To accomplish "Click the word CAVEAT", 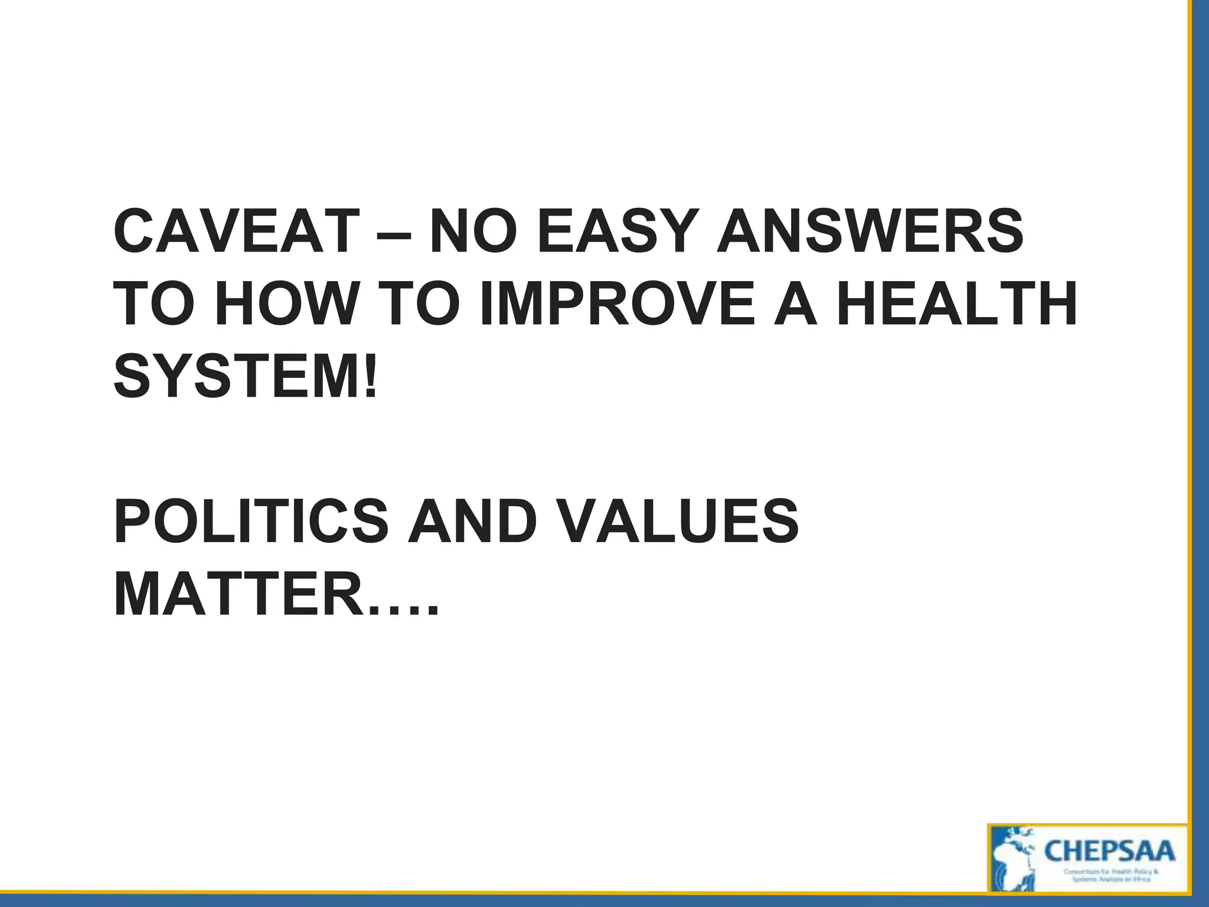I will pos(236,231).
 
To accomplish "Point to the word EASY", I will pos(615,231).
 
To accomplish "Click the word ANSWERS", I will pos(870,231).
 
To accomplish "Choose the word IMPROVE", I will pos(617,305).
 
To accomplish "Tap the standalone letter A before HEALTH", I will pos(796,305).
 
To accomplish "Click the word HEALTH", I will pos(957,305).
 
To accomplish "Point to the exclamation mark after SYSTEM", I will pos(371,377).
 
